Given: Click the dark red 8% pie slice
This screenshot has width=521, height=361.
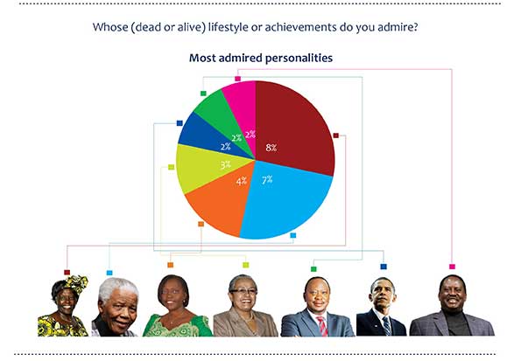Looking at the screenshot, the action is [292, 129].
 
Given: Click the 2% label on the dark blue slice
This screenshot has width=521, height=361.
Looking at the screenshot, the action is [225, 146].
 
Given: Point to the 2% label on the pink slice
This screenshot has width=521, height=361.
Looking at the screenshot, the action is [250, 135].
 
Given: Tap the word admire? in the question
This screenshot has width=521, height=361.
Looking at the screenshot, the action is [398, 27].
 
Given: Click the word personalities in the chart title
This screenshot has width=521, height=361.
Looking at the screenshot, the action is [299, 58].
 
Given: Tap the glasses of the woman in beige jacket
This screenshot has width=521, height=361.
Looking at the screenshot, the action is [243, 292].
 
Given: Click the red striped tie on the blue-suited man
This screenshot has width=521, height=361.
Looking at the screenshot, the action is [322, 326].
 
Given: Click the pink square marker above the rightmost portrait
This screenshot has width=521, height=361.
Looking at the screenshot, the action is [452, 267].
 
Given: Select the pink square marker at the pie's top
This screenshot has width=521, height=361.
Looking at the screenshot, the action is [237, 79].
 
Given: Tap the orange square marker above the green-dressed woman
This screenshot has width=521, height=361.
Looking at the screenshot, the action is [171, 265].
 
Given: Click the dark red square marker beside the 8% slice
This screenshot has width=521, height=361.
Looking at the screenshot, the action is [336, 135].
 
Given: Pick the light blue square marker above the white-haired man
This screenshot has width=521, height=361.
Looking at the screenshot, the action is [109, 273].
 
